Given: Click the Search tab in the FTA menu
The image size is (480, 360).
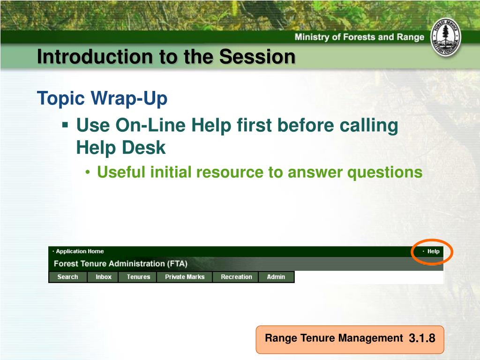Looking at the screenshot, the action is pos(67,277).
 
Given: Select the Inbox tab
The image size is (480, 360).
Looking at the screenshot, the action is pos(104,277).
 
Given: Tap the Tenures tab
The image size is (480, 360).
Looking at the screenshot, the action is pos(138,277).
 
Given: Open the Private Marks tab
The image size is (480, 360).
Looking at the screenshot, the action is pos(185,277).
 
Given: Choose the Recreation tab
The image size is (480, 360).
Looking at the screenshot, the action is pos(236,277).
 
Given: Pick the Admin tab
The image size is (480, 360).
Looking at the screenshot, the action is pos(276,277).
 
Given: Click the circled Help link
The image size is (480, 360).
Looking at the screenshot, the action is pos(433,251).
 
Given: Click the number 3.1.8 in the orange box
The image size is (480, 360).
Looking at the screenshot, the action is pos(422,338).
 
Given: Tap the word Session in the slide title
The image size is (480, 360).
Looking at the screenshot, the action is pos(257,57).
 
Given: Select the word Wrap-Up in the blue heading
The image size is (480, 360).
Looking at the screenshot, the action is pos(129,98).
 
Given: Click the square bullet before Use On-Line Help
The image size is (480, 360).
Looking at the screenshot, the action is pos(65,125).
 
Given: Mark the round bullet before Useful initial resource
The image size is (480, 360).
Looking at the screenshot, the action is pos(88,172).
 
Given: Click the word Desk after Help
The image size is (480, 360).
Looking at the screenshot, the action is pos(144,148).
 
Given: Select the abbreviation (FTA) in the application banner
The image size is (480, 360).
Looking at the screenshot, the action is pos(177,263).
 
